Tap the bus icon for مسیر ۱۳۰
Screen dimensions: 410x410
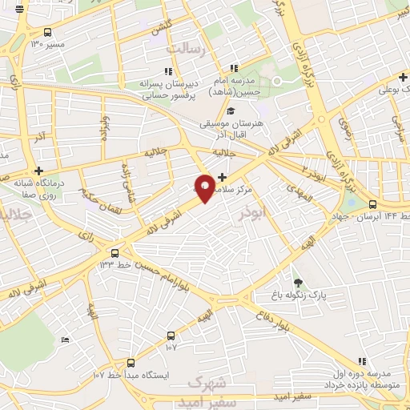[x=48, y=33]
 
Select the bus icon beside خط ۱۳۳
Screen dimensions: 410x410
[x=115, y=251]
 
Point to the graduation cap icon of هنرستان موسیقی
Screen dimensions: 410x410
[x=231, y=111]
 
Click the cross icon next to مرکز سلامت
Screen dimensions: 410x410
[x=223, y=176]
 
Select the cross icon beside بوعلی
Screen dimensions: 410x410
[x=403, y=78]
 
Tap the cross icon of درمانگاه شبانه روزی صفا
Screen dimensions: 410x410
[x=38, y=170]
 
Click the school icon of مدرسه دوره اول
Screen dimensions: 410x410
[x=361, y=362]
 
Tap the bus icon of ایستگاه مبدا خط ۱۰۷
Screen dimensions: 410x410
[x=131, y=362]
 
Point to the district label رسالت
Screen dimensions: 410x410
[x=186, y=50]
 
